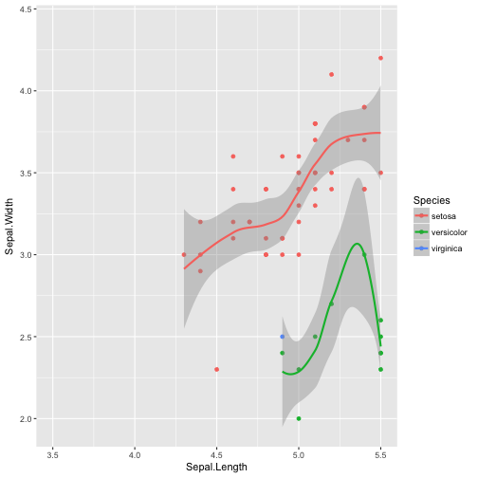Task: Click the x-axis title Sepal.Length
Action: pos(217,467)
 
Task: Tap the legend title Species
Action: pos(431,200)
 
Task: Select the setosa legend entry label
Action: pos(443,216)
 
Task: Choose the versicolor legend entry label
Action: pos(449,232)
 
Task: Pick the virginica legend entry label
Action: pos(446,248)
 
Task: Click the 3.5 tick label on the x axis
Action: pos(53,453)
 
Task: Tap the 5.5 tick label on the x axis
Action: pos(380,453)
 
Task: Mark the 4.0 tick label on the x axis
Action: pos(135,453)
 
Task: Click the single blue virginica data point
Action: pos(282,337)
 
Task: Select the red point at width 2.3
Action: pos(216,370)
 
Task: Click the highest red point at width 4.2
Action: pos(380,58)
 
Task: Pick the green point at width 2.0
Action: pos(299,418)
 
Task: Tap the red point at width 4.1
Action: pos(331,74)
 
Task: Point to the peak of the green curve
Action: pos(357,244)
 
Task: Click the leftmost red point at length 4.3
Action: pos(184,254)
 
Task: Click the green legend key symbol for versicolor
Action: pos(419,232)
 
